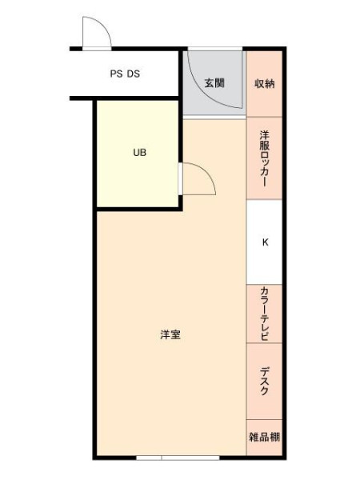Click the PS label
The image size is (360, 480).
(116, 74)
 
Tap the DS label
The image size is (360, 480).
(134, 74)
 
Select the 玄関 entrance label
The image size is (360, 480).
(214, 83)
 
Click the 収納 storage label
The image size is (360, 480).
(265, 83)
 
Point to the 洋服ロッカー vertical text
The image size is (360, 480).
(265, 158)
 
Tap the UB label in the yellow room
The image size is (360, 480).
(139, 153)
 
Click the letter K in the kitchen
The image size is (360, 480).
(265, 242)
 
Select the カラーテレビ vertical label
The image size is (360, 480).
(265, 314)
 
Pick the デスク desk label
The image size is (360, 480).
(265, 381)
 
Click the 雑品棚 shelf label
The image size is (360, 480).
(265, 437)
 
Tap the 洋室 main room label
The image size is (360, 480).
(170, 334)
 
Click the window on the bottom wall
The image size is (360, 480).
(178, 458)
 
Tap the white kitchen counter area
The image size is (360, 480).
(265, 242)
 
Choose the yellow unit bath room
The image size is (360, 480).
(138, 154)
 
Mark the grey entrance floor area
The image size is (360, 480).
(214, 83)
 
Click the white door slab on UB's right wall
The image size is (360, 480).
(181, 178)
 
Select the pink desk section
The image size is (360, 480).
(265, 381)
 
